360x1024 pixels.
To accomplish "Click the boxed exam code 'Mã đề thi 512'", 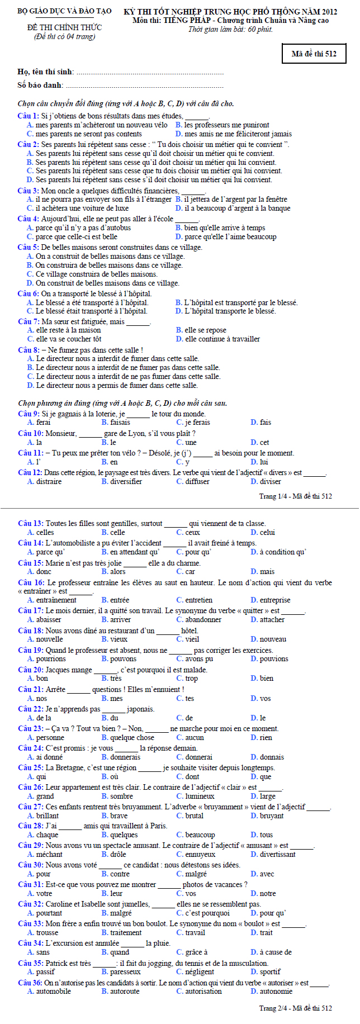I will point(314,54).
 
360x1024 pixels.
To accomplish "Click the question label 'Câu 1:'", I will point(28,116).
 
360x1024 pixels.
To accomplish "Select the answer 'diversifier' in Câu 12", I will point(126,481).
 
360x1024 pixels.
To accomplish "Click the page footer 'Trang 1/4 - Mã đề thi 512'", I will point(295,496).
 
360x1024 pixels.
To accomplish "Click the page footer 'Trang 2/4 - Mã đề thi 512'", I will point(295,1008).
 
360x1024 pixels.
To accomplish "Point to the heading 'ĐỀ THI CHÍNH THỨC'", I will point(64,27).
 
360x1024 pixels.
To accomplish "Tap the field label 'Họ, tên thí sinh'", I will point(45,72).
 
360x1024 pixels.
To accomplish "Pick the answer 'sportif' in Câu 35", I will point(270,971).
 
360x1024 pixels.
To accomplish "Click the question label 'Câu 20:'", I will point(30,670).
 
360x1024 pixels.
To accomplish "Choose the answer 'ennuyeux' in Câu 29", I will point(200,854).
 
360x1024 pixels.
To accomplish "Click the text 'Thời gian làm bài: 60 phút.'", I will point(230,29).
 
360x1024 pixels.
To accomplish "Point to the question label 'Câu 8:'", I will point(28,350).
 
